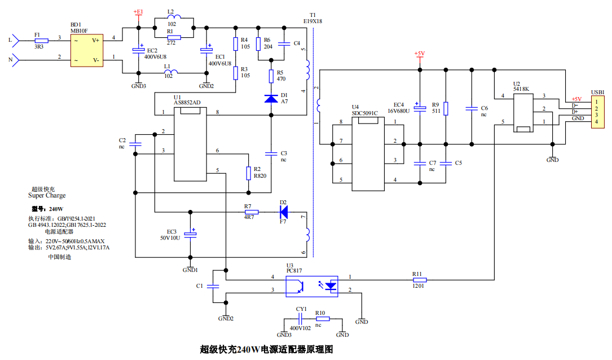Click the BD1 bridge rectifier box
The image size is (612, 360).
(87, 50)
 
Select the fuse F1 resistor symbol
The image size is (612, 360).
(41, 41)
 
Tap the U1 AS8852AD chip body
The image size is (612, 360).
(190, 144)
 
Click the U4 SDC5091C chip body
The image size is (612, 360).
(368, 154)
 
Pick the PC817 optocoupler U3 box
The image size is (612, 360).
(312, 287)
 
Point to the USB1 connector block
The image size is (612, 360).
(597, 112)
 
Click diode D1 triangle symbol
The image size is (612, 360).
(271, 98)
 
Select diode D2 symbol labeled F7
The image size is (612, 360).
(284, 212)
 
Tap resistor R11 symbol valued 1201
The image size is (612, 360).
(420, 280)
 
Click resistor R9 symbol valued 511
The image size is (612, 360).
(446, 108)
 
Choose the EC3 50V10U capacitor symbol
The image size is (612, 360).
(191, 234)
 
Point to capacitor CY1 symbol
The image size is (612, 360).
(301, 319)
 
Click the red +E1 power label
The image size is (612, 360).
(138, 12)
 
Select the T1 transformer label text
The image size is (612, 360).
(312, 19)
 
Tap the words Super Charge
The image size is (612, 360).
(47, 196)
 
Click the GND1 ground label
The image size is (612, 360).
(190, 270)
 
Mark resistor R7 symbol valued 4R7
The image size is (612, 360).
(252, 212)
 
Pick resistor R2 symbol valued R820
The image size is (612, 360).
(248, 173)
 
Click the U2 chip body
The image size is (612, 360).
(523, 112)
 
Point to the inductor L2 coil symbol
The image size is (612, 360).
(174, 16)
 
